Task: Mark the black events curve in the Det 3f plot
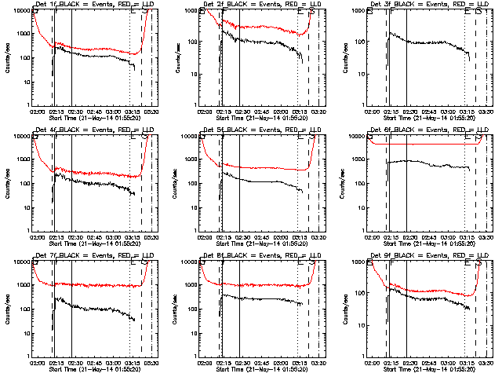424,42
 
